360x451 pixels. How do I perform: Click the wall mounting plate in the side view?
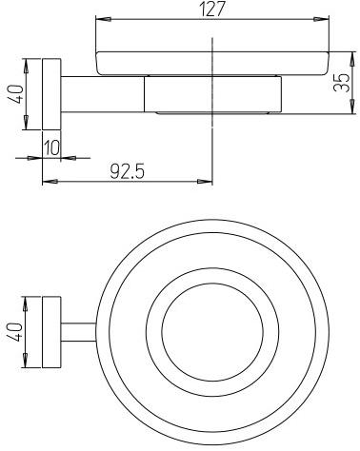50,95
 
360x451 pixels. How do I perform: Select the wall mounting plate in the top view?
50,336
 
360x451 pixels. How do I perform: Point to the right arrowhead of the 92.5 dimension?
207,181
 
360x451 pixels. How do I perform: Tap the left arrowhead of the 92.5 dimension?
46,181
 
